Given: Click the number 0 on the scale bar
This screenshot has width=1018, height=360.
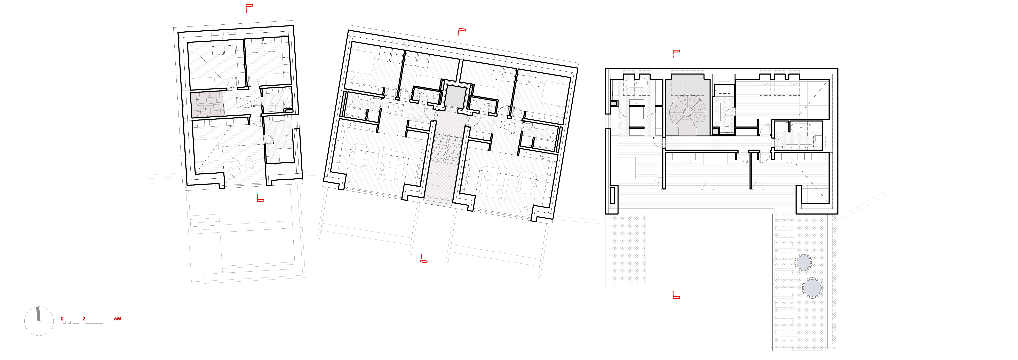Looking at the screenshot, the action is (62, 319).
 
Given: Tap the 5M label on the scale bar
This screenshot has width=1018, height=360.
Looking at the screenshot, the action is (118, 319).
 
